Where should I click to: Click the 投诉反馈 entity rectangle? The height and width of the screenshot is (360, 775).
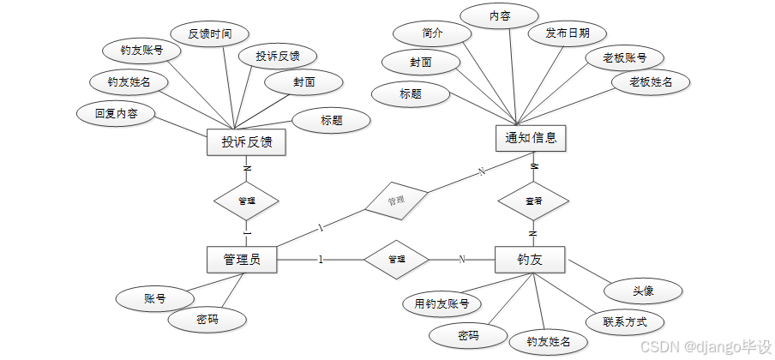coord(247,142)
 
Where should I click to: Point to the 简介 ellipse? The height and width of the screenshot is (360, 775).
coord(432,33)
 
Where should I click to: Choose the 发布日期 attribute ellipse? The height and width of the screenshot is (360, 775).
coord(568,33)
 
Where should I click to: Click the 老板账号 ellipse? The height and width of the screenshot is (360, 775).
coord(624,57)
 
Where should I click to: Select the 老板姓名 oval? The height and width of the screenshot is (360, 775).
coord(651,82)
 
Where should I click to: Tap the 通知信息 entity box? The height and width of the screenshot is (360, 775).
coord(532,137)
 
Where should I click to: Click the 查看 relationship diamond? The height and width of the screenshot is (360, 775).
coord(532,201)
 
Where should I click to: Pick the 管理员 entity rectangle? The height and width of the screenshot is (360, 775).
coord(242,259)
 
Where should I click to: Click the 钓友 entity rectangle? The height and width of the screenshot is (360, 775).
coord(530,259)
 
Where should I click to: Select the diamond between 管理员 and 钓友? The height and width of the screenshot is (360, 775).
coord(396,259)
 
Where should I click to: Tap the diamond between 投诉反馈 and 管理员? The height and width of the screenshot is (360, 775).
coord(246,201)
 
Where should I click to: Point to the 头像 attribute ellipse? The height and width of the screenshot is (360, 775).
coord(643,291)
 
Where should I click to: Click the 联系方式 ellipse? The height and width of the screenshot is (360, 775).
coord(625,321)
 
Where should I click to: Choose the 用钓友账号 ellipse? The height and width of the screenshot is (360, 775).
coord(442,303)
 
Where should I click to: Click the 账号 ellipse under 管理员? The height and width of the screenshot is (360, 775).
coord(154,299)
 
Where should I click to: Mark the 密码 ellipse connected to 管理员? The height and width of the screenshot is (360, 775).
coord(207,320)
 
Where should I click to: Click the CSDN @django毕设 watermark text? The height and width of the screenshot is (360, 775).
coord(705,345)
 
